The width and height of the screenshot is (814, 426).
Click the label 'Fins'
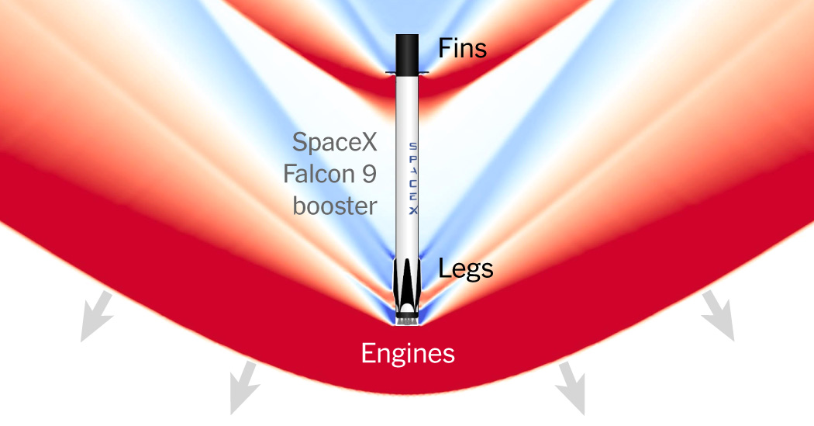(x=462, y=49)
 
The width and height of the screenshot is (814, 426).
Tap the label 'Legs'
(x=465, y=269)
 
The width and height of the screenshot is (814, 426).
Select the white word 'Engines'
(x=408, y=354)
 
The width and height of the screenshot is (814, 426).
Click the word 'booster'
(x=335, y=206)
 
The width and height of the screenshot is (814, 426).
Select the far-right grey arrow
(x=718, y=317)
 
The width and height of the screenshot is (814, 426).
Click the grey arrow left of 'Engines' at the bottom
(x=242, y=386)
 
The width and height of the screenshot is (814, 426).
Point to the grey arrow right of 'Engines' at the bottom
(x=571, y=386)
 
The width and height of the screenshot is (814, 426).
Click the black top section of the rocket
(x=408, y=53)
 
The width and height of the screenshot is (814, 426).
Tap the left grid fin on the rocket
(x=390, y=74)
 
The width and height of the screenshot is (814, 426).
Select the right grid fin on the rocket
(x=425, y=74)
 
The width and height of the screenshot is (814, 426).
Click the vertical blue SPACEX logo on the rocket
(x=412, y=178)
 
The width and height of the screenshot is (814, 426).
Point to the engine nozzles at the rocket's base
(x=408, y=318)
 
